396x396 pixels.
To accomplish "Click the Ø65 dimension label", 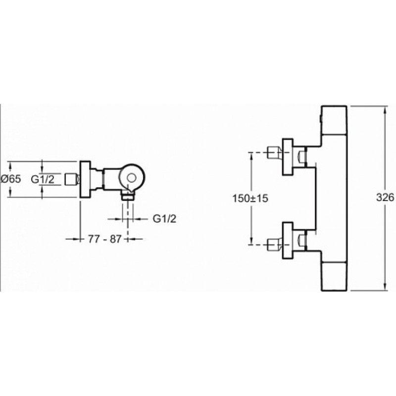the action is [x=11, y=179].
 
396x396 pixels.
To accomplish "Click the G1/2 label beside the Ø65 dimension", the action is [x=43, y=179].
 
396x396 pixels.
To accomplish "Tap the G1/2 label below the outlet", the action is [x=164, y=219].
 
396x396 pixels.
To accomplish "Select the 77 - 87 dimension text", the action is [x=105, y=239].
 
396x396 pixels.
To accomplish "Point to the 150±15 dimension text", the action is [x=250, y=198].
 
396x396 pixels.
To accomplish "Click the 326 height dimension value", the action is [x=385, y=197].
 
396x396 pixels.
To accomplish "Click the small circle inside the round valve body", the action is [x=132, y=178].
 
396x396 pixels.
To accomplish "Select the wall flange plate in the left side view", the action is [x=85, y=179].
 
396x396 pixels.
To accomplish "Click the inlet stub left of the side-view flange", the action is [x=72, y=179].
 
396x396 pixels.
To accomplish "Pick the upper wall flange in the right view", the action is [x=288, y=157].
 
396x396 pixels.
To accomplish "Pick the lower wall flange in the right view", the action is [x=288, y=241].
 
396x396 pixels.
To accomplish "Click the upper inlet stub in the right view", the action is [x=274, y=153].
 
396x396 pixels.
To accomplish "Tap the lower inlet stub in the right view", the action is [x=274, y=245].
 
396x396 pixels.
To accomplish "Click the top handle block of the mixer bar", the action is [x=334, y=120].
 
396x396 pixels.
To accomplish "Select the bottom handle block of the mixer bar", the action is [x=334, y=277].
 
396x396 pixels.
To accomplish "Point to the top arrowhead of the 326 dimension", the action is [x=385, y=109].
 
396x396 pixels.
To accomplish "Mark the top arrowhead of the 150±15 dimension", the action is [x=251, y=156].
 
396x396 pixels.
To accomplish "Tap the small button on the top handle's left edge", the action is [x=320, y=118].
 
